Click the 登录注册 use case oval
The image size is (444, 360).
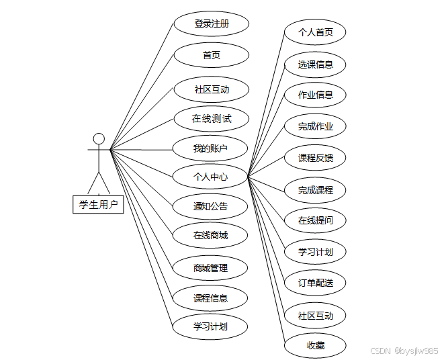pyautogui.click(x=212, y=24)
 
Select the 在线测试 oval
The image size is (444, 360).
pyautogui.click(x=212, y=119)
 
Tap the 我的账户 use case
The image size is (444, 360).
pyautogui.click(x=210, y=148)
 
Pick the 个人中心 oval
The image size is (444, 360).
pyautogui.click(x=210, y=177)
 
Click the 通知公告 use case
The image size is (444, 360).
pyautogui.click(x=210, y=206)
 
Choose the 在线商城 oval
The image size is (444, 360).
pyautogui.click(x=210, y=235)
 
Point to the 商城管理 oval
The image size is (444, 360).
pyautogui.click(x=210, y=268)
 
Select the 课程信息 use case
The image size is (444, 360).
pyautogui.click(x=210, y=298)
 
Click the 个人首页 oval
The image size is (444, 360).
pyautogui.click(x=316, y=32)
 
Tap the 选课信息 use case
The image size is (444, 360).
pyautogui.click(x=316, y=64)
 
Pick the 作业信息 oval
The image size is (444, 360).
pyautogui.click(x=316, y=95)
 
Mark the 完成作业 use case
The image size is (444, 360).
pyautogui.click(x=316, y=126)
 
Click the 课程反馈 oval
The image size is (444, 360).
pyautogui.click(x=316, y=158)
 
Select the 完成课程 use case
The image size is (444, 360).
pyautogui.click(x=316, y=190)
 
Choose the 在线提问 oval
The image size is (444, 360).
pyautogui.click(x=316, y=220)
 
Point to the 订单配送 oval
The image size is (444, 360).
pyautogui.click(x=316, y=283)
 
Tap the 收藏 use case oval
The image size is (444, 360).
pyautogui.click(x=316, y=345)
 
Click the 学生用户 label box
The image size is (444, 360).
pyautogui.click(x=98, y=205)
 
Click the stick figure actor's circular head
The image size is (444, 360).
pyautogui.click(x=99, y=139)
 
